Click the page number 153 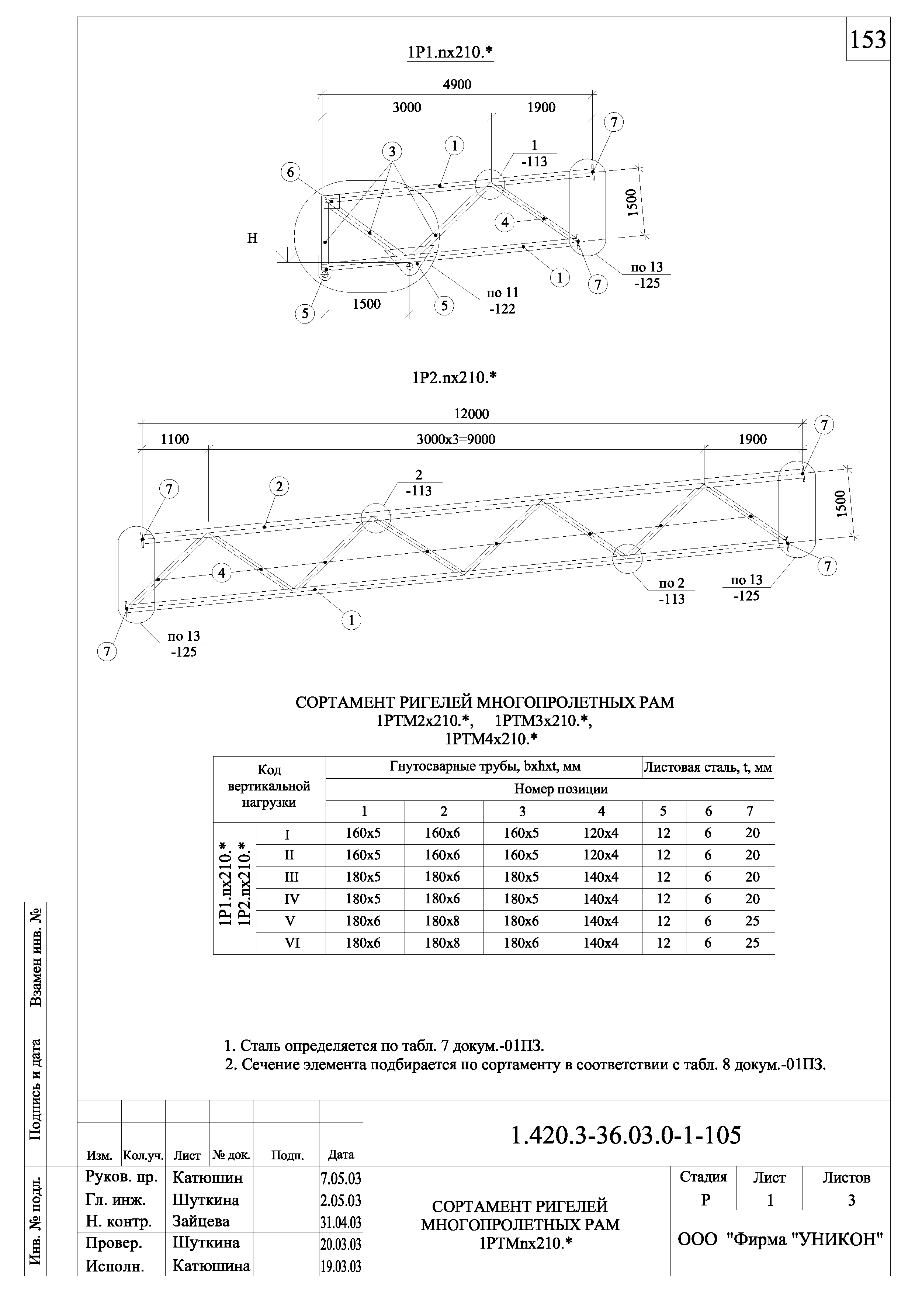point(868,39)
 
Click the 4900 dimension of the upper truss point(457,84)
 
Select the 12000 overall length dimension point(472,414)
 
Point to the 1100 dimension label point(175,440)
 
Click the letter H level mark point(252,238)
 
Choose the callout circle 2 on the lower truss point(279,486)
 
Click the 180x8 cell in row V point(443,921)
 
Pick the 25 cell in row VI point(752,943)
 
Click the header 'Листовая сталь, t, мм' point(708,767)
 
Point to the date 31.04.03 point(341,1222)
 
